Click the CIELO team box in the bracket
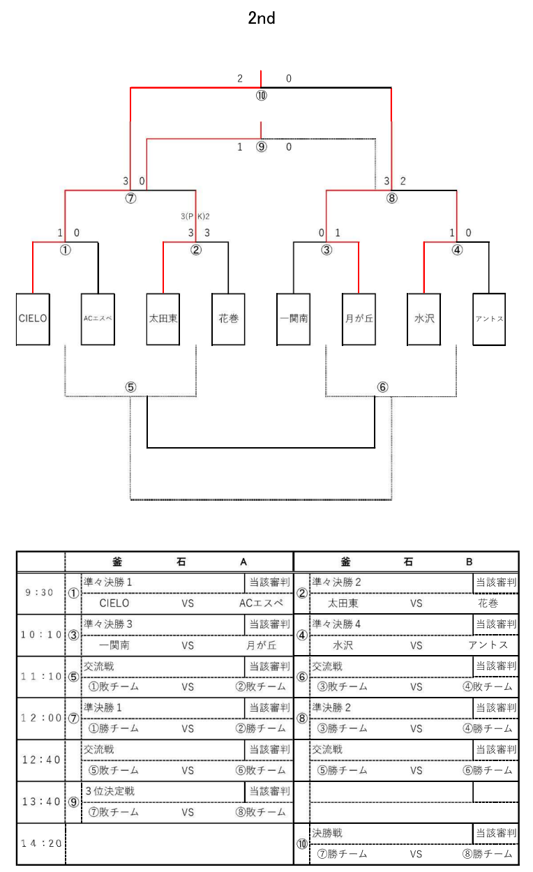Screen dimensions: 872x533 point(33,319)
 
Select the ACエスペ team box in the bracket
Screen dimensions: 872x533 point(98,319)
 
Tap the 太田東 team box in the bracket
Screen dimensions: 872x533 point(163,319)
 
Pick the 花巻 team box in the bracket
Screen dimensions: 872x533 point(228,319)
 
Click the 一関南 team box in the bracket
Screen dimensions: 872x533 point(294,319)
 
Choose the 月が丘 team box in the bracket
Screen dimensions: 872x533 point(359,319)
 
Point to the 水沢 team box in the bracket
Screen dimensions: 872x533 point(424,319)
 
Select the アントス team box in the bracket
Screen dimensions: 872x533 point(489,319)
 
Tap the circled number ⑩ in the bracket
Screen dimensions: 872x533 point(262,96)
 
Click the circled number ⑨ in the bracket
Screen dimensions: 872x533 point(262,147)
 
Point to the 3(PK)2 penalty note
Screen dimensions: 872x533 point(195,216)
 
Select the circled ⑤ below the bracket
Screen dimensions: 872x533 point(130,387)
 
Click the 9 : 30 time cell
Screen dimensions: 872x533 point(39,592)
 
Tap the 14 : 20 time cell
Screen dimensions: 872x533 point(39,843)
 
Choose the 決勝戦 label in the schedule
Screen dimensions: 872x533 point(328,833)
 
